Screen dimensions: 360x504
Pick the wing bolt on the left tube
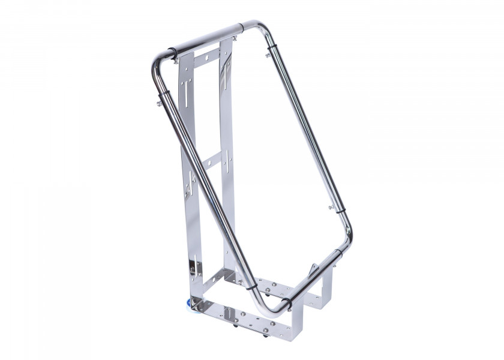(159, 103)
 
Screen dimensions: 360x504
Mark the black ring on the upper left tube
(162, 92)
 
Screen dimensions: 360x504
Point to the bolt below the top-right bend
(268, 55)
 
